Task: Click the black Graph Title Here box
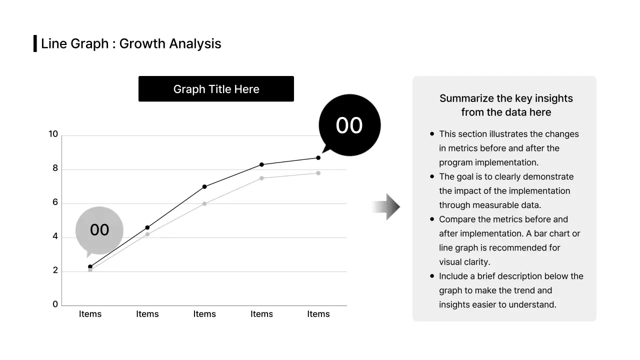pyautogui.click(x=216, y=89)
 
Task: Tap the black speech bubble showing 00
pyautogui.click(x=349, y=125)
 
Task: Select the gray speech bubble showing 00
pyautogui.click(x=99, y=230)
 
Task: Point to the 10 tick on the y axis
pyautogui.click(x=53, y=134)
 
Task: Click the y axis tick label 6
pyautogui.click(x=55, y=202)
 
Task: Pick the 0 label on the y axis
pyautogui.click(x=55, y=304)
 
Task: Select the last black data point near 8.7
pyautogui.click(x=318, y=157)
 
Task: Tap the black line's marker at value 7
pyautogui.click(x=204, y=186)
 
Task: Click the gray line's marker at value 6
pyautogui.click(x=204, y=203)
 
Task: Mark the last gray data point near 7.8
pyautogui.click(x=318, y=173)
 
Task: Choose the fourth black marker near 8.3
pyautogui.click(x=261, y=164)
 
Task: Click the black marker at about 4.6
pyautogui.click(x=147, y=227)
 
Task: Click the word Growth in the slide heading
pyautogui.click(x=142, y=44)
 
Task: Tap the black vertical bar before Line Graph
pyautogui.click(x=35, y=43)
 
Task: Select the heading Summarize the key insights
pyautogui.click(x=506, y=98)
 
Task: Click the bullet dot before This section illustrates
pyautogui.click(x=432, y=134)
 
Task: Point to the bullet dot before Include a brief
pyautogui.click(x=432, y=276)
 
